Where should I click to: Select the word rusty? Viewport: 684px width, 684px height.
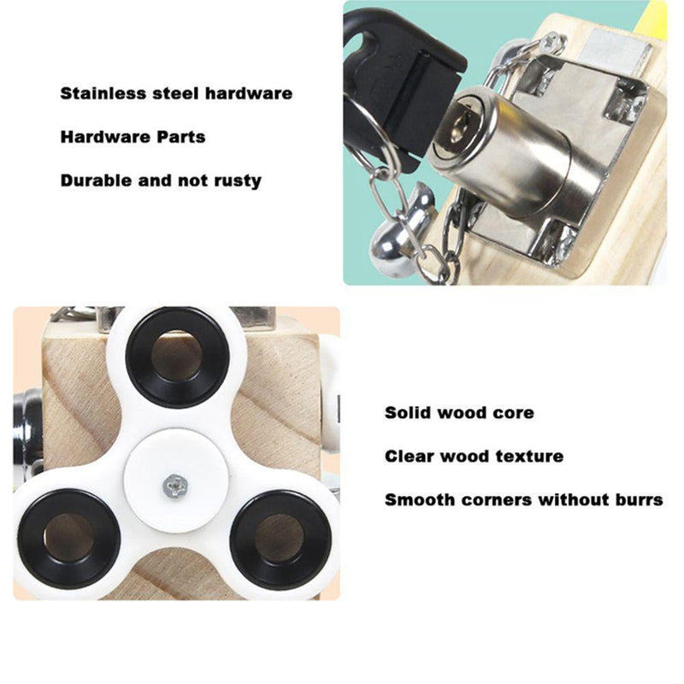pyautogui.click(x=238, y=181)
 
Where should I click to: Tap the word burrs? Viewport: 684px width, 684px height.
pyautogui.click(x=639, y=499)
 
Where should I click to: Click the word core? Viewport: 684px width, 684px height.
pyautogui.click(x=515, y=413)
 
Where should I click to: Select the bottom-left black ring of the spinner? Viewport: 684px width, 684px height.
pyautogui.click(x=68, y=539)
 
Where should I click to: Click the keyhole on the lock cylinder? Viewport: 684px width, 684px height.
pyautogui.click(x=459, y=124)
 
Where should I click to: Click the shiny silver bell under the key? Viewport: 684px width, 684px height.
pyautogui.click(x=387, y=249)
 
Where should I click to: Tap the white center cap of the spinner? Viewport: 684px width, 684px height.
pyautogui.click(x=175, y=481)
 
